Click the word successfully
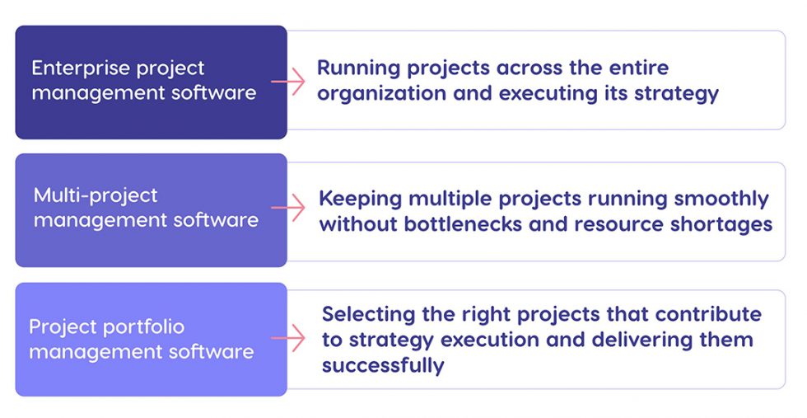click(x=383, y=365)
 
